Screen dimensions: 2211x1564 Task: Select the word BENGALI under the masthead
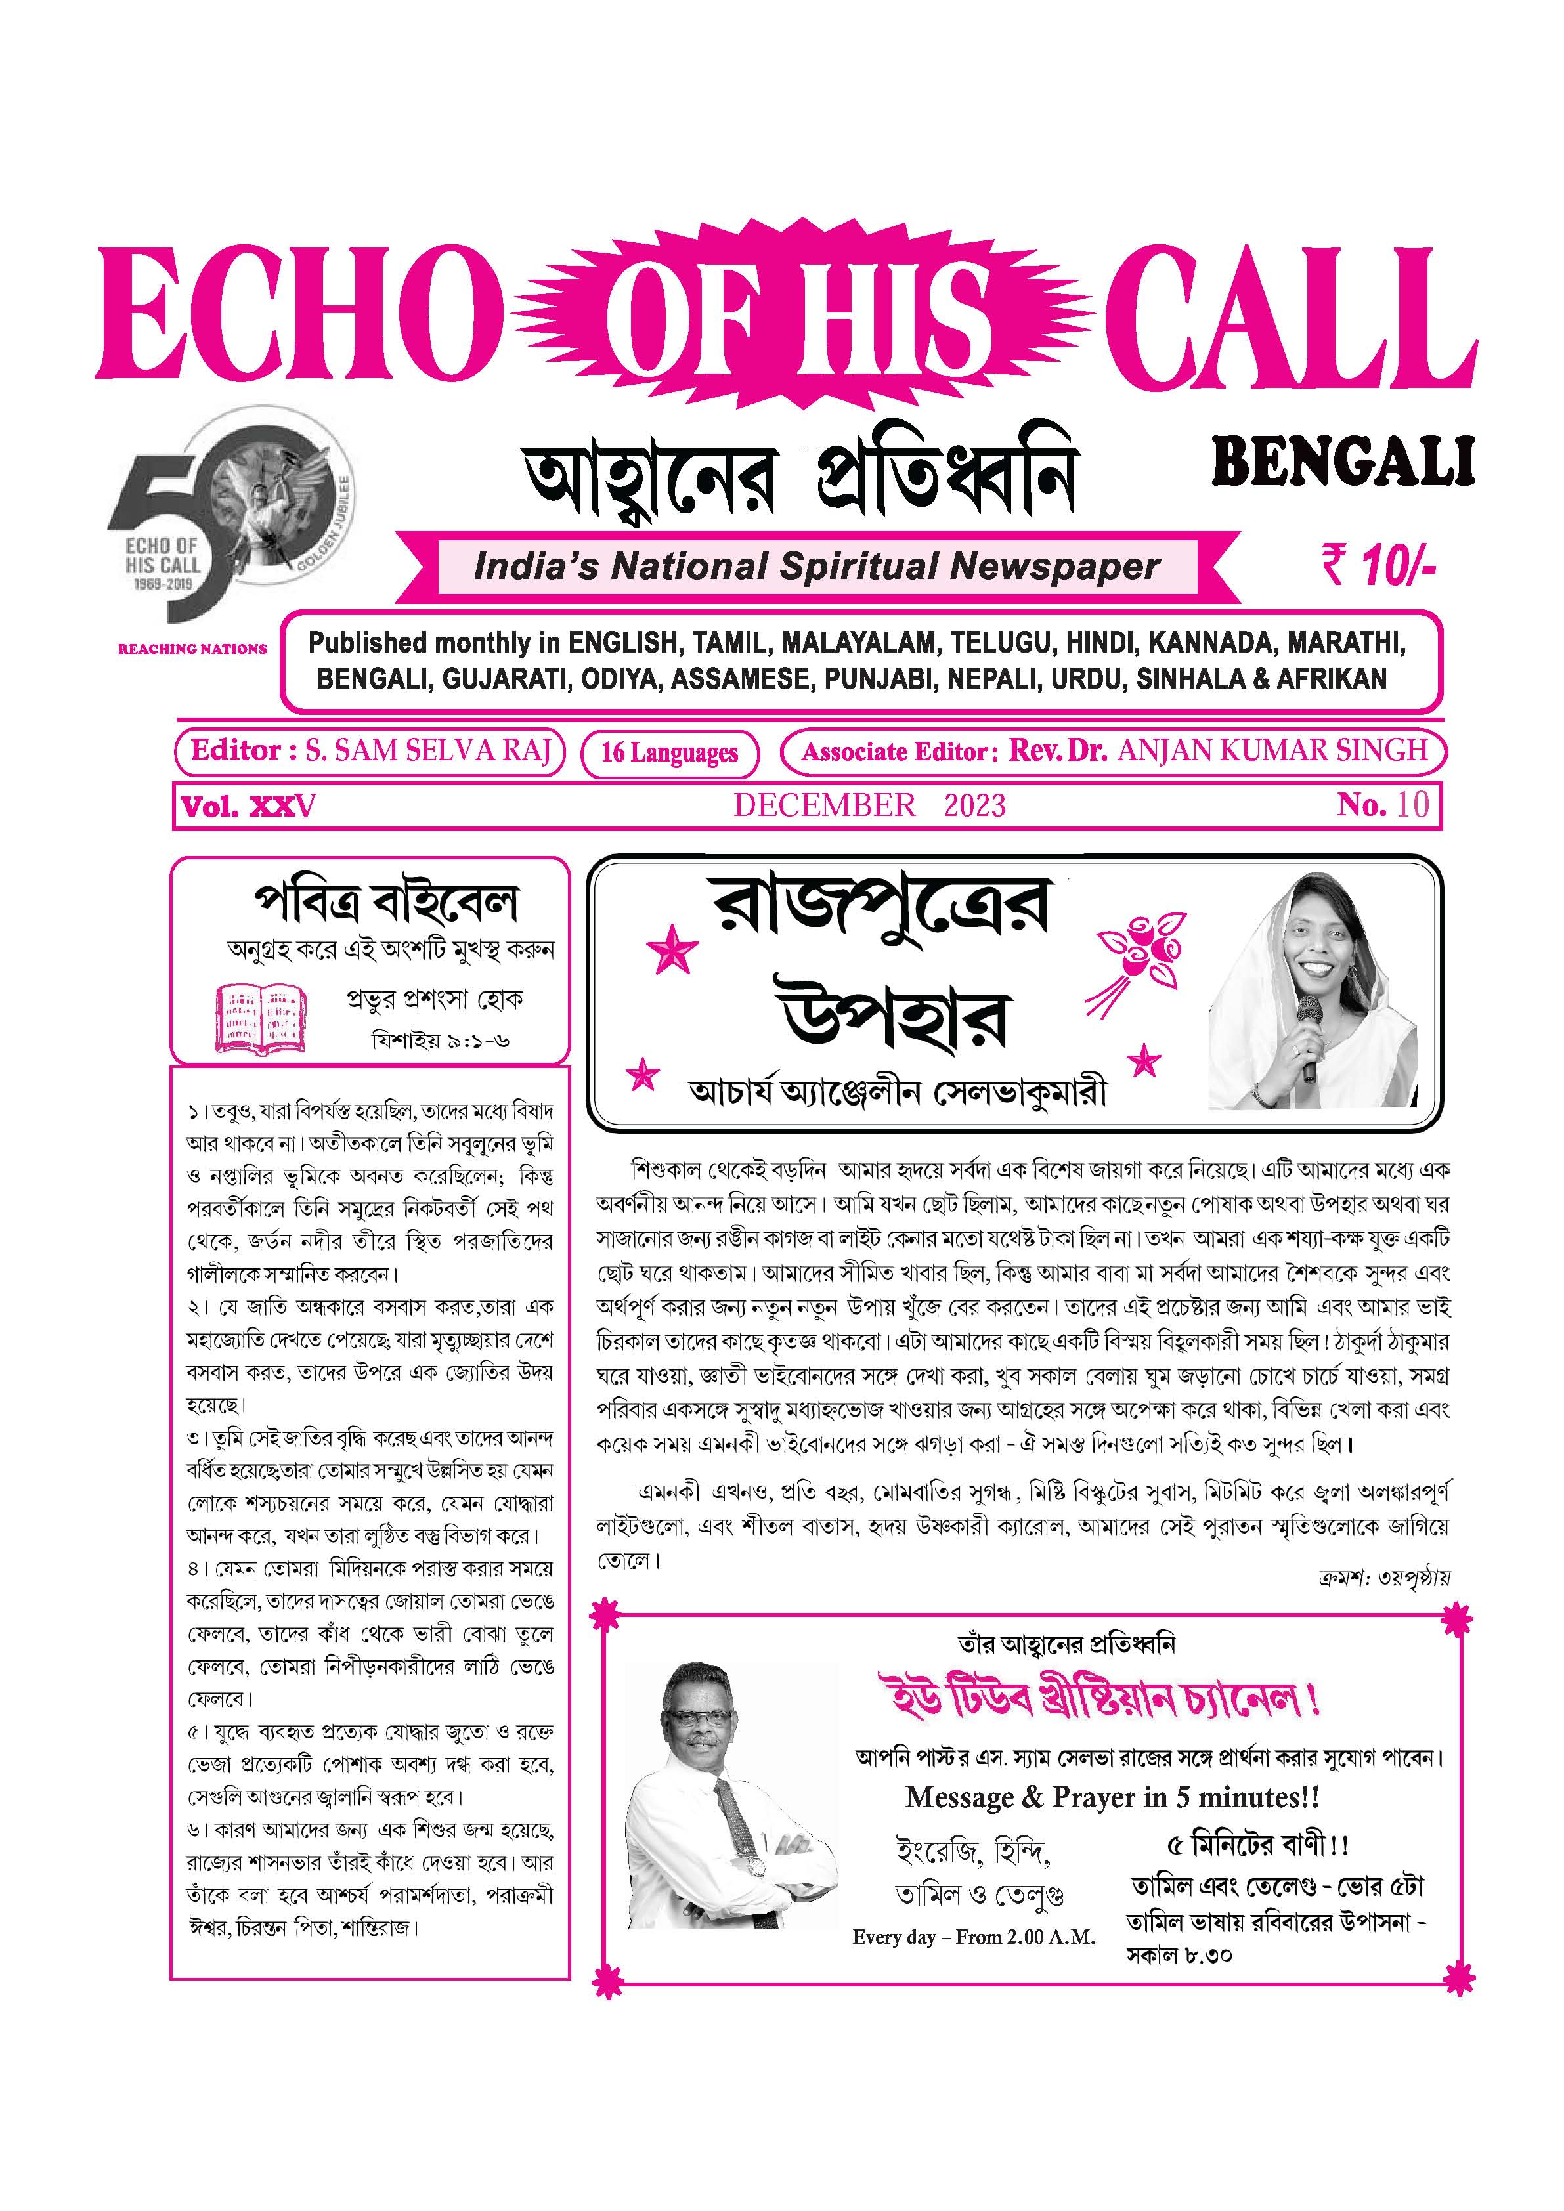click(x=1343, y=462)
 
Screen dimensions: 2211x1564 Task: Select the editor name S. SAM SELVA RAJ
click(x=429, y=750)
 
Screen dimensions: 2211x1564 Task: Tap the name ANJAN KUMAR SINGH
click(x=1272, y=750)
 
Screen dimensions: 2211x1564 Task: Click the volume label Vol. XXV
click(x=248, y=806)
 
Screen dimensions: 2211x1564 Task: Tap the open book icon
click(x=259, y=1017)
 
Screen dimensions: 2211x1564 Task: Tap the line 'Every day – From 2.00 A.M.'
click(x=974, y=1937)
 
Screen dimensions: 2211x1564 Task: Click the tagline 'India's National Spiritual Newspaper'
click(x=817, y=567)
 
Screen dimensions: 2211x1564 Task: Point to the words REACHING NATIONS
click(x=192, y=649)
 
